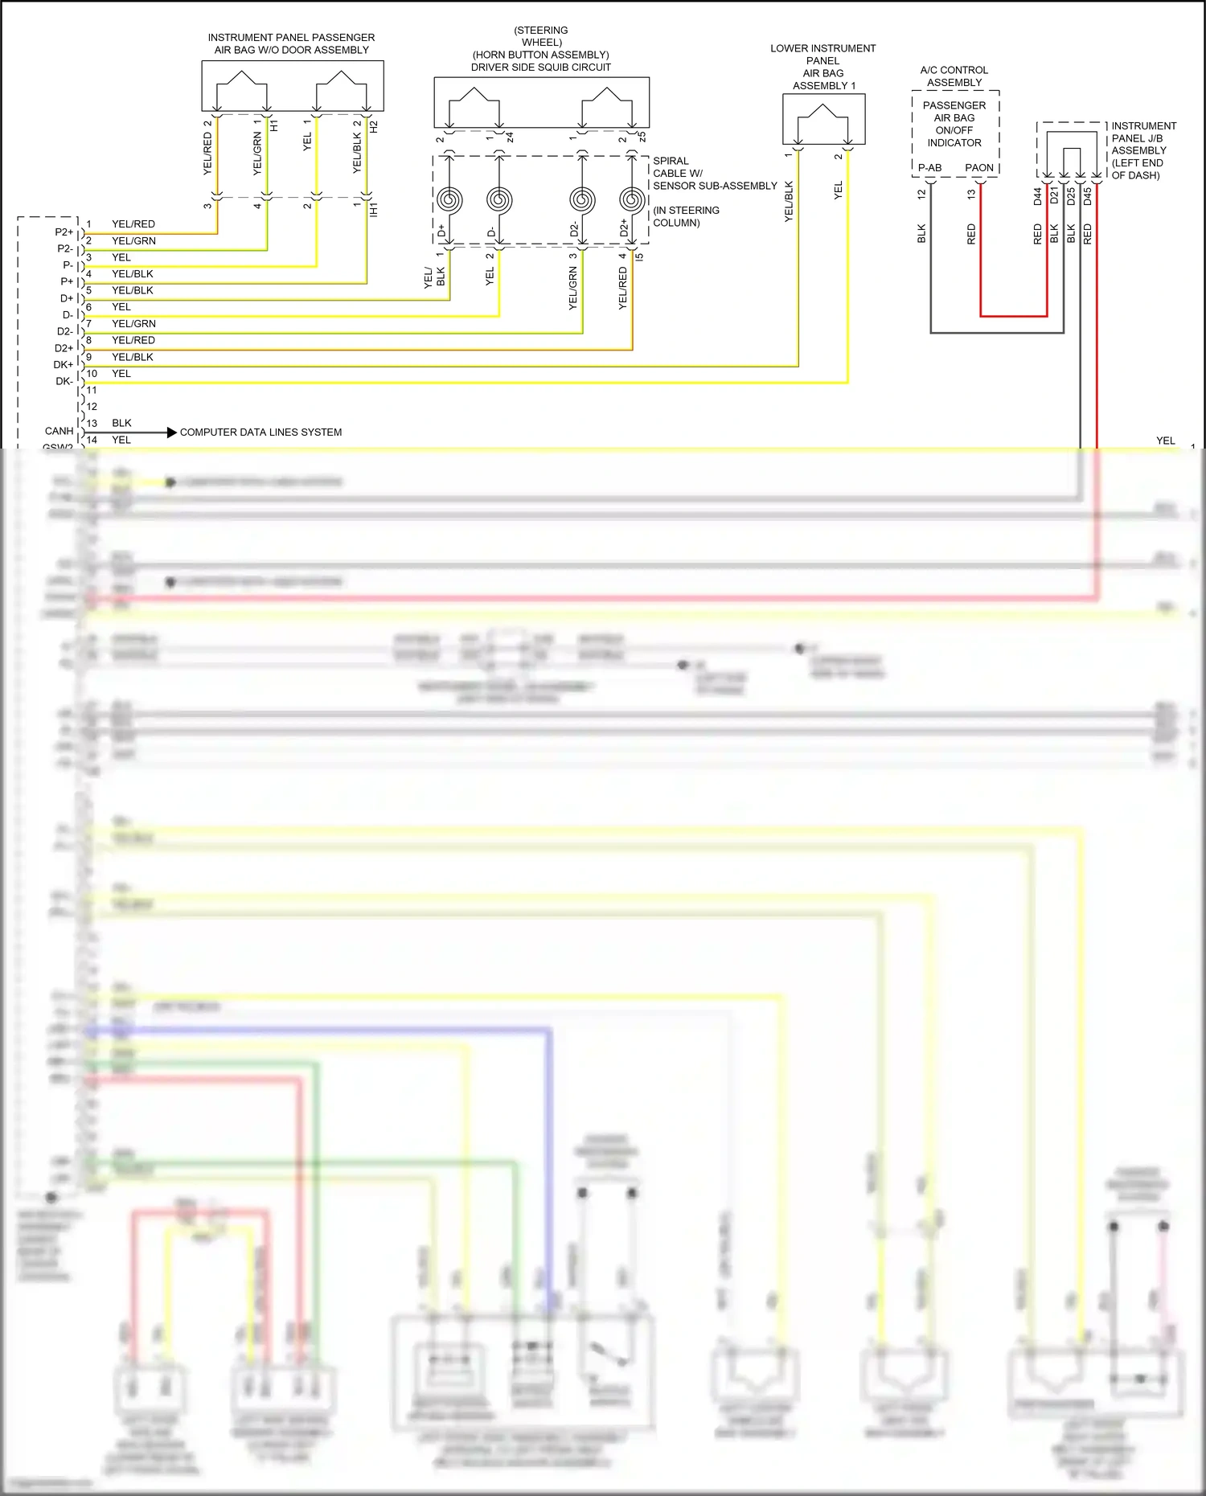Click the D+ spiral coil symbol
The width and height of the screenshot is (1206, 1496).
pos(449,199)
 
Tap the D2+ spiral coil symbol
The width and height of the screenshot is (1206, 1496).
pos(631,199)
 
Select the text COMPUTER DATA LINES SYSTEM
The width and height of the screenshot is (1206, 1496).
pos(260,432)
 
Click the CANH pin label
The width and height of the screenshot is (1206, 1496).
pos(59,432)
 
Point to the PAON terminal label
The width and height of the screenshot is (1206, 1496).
pos(979,168)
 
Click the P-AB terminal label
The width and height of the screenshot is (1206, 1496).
pos(929,168)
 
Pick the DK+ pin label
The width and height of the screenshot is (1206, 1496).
pos(63,365)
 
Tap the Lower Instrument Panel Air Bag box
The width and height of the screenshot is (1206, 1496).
pos(823,119)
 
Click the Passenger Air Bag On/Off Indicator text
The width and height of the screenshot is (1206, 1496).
pos(954,124)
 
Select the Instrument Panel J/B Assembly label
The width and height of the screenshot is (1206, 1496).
pos(1143,150)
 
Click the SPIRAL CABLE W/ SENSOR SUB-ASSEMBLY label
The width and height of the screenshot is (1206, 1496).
pos(714,174)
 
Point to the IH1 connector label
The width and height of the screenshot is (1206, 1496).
pos(374,210)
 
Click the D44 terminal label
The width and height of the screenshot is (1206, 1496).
pos(1037,196)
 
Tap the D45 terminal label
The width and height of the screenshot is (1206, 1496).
pos(1088,196)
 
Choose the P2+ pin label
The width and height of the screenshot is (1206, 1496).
pos(64,232)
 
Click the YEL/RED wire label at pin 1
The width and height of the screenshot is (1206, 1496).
pos(133,224)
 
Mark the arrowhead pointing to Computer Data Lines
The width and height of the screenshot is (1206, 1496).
pos(171,432)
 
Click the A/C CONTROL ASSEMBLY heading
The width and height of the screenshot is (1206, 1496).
pos(954,76)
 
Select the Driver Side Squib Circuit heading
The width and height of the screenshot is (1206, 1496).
pos(541,68)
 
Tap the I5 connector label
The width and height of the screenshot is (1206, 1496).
pos(640,257)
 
